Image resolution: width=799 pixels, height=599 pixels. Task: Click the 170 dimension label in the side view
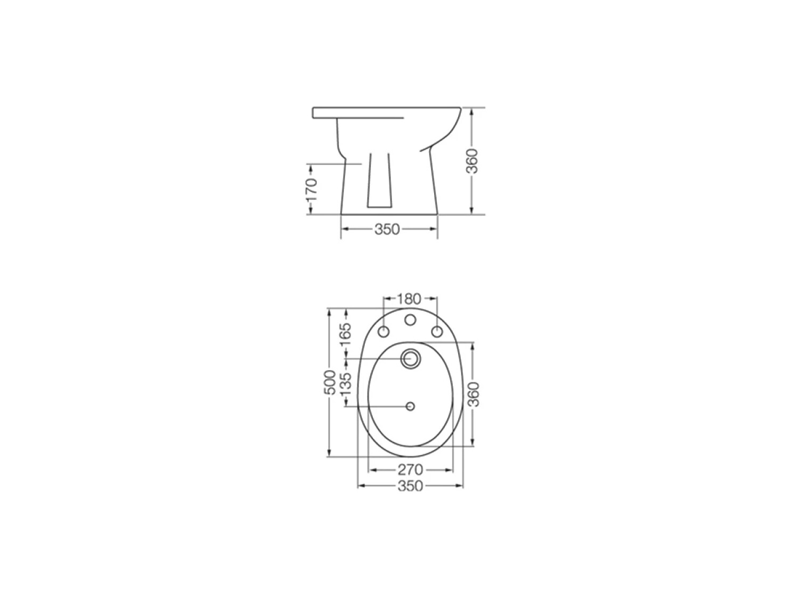pyautogui.click(x=312, y=189)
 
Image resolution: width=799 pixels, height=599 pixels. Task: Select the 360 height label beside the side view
pyautogui.click(x=472, y=161)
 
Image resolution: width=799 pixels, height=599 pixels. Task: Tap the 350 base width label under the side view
pyautogui.click(x=387, y=229)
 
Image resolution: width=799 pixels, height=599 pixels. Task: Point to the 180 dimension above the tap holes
pyautogui.click(x=409, y=299)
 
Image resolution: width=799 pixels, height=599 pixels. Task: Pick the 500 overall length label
pyautogui.click(x=329, y=382)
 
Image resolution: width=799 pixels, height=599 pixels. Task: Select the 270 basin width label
pyautogui.click(x=410, y=470)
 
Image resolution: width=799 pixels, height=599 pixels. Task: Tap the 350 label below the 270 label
pyautogui.click(x=410, y=486)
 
